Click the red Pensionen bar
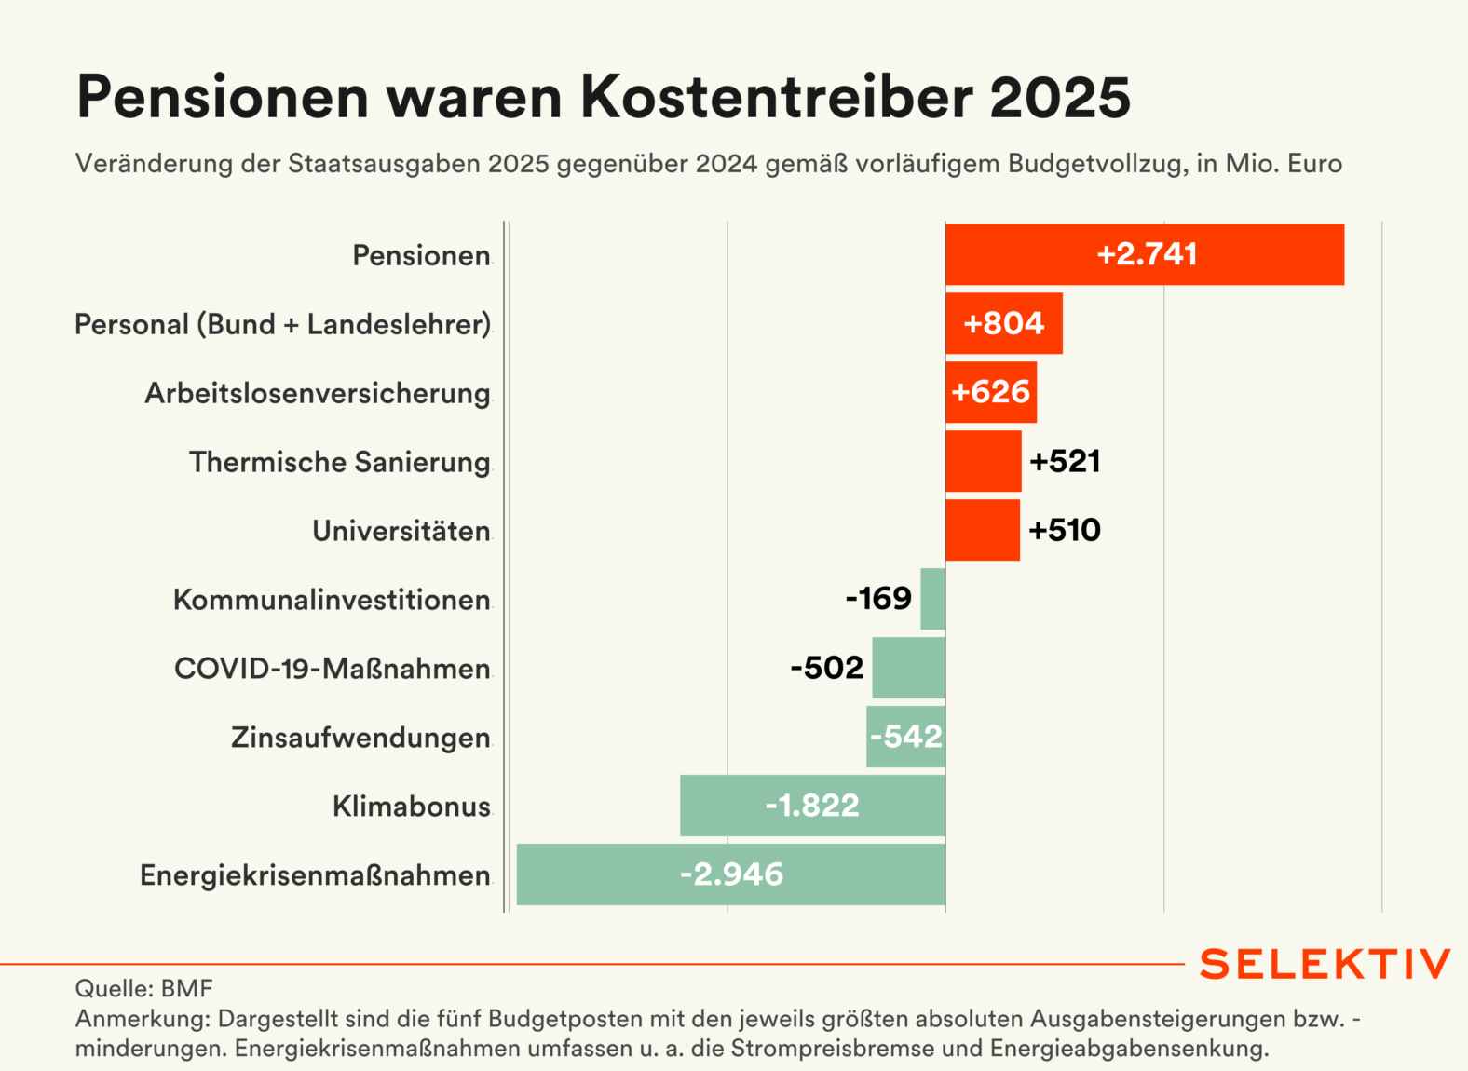pyautogui.click(x=1144, y=254)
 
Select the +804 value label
pyautogui.click(x=1004, y=323)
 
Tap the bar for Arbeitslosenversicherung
pyautogui.click(x=991, y=392)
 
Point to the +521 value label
pyautogui.click(x=1065, y=461)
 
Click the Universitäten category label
pyautogui.click(x=401, y=531)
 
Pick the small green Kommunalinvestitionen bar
pyautogui.click(x=932, y=599)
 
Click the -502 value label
pyautogui.click(x=827, y=668)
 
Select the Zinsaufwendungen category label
pyautogui.click(x=360, y=738)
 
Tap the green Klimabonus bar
pyautogui.click(x=812, y=806)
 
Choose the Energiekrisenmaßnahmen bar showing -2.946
pyautogui.click(x=731, y=874)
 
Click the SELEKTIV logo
pyautogui.click(x=1325, y=964)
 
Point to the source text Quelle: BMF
pyautogui.click(x=143, y=988)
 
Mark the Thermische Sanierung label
pyautogui.click(x=340, y=462)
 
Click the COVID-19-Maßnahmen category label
pyautogui.click(x=333, y=669)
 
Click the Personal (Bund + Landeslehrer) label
pyautogui.click(x=282, y=324)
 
